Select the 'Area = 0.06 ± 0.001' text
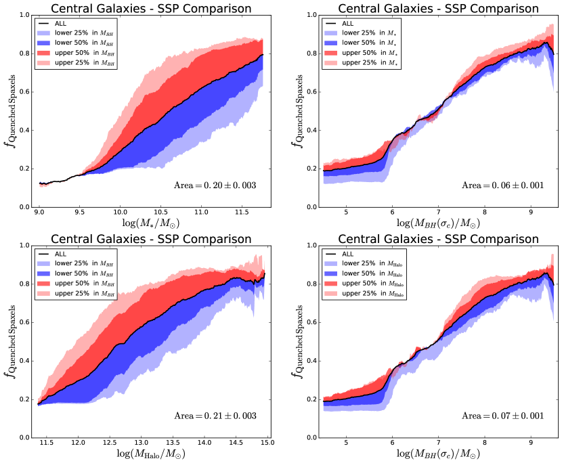click(x=502, y=185)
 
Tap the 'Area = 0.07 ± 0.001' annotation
click(x=502, y=415)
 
